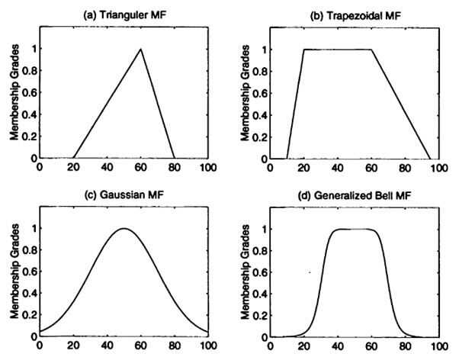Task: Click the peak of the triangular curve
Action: [x=141, y=50]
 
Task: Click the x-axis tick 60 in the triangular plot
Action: [x=141, y=167]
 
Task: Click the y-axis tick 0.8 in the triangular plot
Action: [x=29, y=72]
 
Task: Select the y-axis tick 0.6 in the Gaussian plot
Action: [x=29, y=272]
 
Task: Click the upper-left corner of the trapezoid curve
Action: [x=304, y=50]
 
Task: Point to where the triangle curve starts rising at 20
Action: [x=74, y=158]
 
